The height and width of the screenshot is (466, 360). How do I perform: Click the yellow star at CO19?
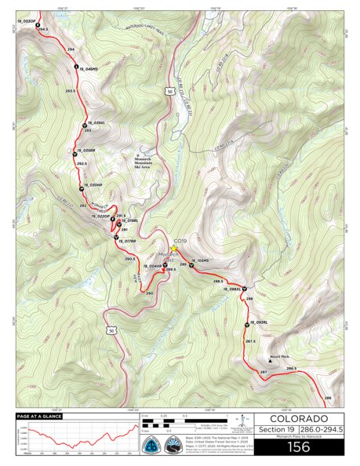click(174, 249)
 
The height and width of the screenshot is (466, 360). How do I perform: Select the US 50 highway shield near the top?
click(169, 92)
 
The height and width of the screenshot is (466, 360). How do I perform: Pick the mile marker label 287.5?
click(250, 341)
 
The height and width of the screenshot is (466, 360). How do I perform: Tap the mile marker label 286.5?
click(291, 369)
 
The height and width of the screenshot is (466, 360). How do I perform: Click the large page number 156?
click(299, 447)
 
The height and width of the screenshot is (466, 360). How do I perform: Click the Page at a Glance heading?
click(35, 416)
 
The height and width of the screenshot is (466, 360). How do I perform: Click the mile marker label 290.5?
click(129, 258)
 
